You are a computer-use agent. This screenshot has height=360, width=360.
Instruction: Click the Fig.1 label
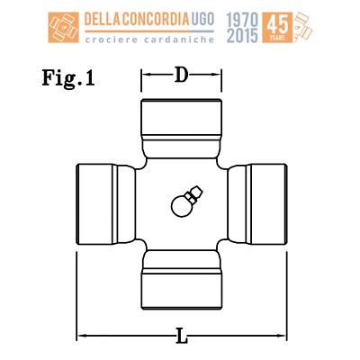[68, 78]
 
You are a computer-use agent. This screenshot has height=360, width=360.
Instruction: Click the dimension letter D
[182, 75]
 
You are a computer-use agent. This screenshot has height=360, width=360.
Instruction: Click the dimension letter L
[182, 336]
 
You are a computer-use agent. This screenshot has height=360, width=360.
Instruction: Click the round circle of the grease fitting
[181, 206]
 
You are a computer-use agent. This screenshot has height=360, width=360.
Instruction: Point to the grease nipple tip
[198, 190]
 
